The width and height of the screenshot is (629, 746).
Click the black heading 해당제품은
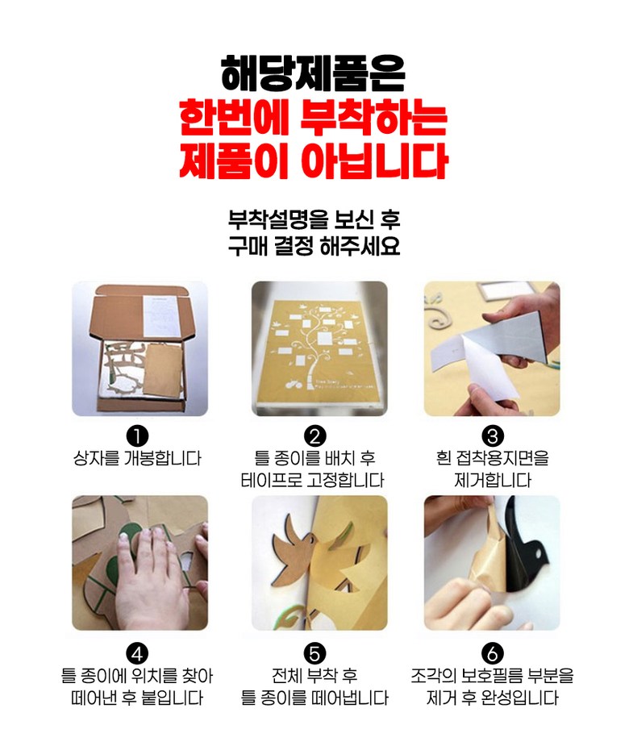(313, 73)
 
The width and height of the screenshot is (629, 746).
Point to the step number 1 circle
(137, 436)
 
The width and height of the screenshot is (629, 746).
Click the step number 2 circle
(314, 436)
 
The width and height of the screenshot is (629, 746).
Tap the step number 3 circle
(493, 436)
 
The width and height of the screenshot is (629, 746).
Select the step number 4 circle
(137, 653)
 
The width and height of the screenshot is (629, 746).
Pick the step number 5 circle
(314, 653)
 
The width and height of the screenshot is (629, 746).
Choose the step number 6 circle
(493, 653)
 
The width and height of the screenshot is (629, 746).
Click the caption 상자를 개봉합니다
(137, 458)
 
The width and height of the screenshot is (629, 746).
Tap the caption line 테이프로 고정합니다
(313, 480)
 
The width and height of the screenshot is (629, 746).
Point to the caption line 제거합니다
(493, 480)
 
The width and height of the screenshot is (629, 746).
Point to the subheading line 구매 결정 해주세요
(314, 245)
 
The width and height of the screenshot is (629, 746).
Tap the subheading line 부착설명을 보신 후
(314, 219)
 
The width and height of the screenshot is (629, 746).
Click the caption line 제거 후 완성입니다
(493, 698)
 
